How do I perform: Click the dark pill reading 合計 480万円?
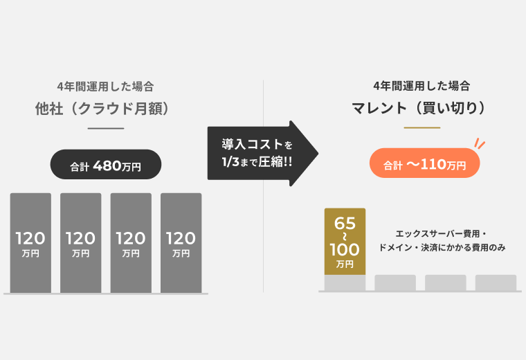(x=106, y=165)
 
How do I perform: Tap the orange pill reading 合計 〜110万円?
(x=424, y=165)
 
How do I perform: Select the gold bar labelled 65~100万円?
(x=345, y=242)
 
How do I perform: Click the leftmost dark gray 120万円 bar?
(x=30, y=242)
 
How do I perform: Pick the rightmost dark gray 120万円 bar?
(x=181, y=242)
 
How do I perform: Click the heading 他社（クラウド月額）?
(x=105, y=109)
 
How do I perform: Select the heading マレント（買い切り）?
(x=421, y=109)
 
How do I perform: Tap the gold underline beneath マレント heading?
(x=421, y=128)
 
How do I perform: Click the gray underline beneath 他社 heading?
(x=105, y=129)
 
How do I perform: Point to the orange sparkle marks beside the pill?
(x=480, y=144)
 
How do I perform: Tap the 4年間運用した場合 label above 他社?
(x=105, y=87)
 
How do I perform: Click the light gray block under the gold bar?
(x=345, y=283)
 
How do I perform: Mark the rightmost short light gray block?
(x=496, y=283)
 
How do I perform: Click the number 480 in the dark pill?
(x=107, y=165)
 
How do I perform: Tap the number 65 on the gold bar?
(x=345, y=224)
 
